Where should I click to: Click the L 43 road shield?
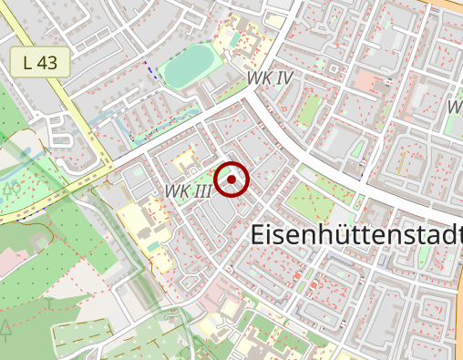click(40, 63)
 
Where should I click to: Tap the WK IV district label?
click(270, 78)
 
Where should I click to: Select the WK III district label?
click(189, 190)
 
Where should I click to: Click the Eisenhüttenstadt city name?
click(355, 234)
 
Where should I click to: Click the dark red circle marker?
click(232, 180)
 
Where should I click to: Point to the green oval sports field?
click(189, 66)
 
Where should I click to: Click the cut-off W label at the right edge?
click(455, 107)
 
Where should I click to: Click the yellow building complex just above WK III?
click(185, 161)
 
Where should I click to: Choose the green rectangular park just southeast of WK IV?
click(309, 110)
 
